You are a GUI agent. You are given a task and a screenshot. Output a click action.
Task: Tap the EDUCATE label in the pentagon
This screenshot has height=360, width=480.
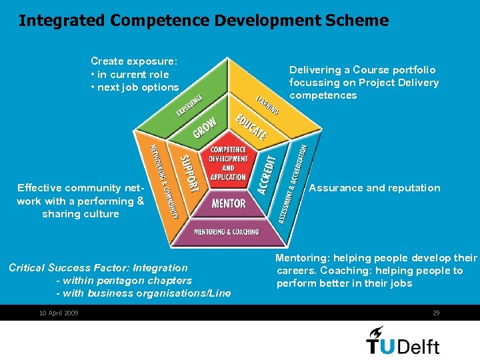251,127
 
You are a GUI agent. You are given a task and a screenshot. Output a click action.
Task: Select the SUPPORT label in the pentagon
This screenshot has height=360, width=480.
190,173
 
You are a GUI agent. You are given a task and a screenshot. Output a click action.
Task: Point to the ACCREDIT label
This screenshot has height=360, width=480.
266,175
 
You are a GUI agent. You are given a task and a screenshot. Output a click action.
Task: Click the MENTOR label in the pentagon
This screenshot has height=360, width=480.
228,203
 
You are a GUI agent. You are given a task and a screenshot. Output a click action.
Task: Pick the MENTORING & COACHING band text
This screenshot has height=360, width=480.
227,232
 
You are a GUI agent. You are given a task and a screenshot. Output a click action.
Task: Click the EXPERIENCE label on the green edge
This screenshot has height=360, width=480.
189,105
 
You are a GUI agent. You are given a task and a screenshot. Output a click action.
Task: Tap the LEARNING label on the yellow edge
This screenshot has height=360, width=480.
267,105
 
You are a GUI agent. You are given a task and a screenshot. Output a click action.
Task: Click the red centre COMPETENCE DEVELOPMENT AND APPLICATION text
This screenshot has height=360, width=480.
228,163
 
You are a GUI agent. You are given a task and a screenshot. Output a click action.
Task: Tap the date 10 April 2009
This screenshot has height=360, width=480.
59,313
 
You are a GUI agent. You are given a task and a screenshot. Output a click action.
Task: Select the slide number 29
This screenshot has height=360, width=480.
436,313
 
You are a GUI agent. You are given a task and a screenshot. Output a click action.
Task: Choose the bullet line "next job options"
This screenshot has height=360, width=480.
137,87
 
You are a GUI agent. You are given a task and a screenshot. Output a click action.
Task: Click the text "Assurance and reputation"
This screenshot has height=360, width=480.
375,188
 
